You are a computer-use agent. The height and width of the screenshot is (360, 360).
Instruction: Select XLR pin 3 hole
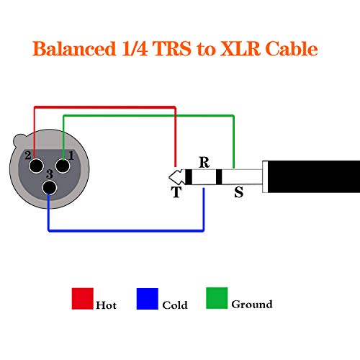tap(49, 188)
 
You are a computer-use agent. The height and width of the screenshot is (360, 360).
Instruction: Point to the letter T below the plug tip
tap(176, 192)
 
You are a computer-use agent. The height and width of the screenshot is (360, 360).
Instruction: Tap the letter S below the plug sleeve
tap(238, 192)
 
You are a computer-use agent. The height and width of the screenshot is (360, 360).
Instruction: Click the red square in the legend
tap(83, 298)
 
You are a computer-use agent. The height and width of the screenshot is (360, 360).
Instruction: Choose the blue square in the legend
tap(147, 298)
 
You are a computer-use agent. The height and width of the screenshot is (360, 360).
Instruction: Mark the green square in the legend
tap(217, 298)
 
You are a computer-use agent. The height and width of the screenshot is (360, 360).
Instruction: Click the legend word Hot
tap(106, 305)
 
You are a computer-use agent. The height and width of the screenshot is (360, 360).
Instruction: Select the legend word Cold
tap(175, 305)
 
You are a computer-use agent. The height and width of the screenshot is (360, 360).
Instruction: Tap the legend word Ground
tap(252, 304)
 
